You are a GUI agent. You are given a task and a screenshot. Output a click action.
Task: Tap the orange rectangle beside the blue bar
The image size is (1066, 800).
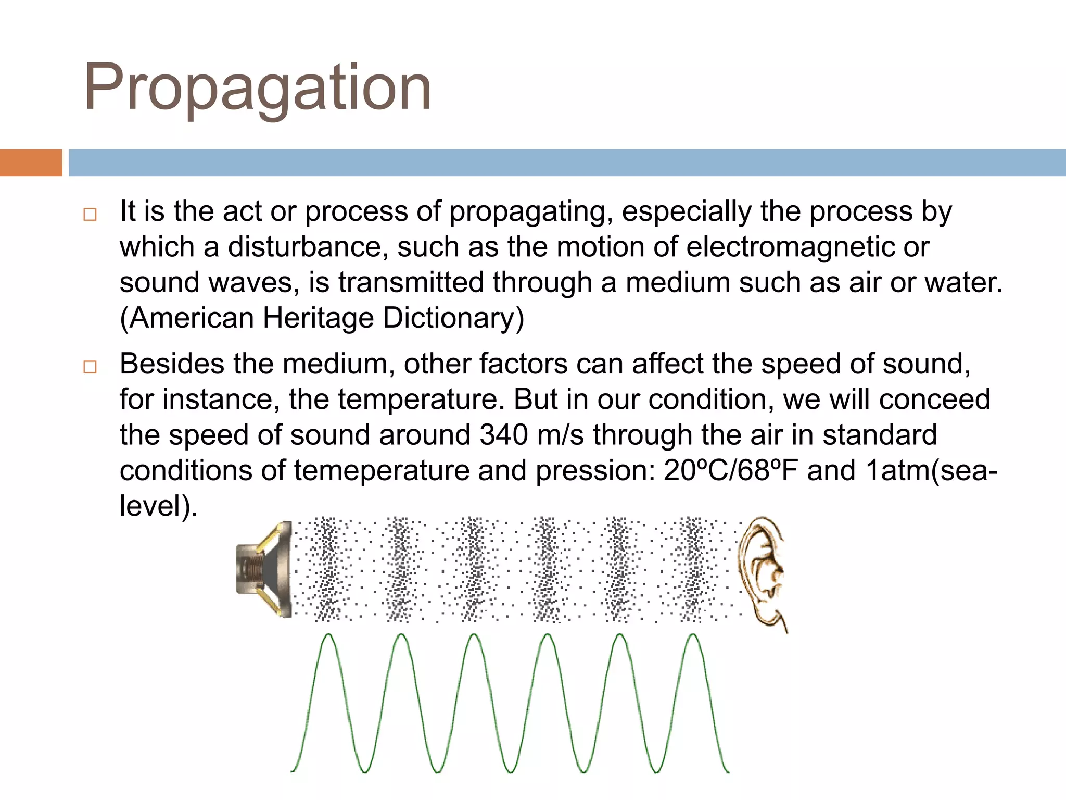[x=31, y=162]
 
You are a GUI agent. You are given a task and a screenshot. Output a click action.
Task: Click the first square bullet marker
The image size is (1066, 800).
[x=90, y=215]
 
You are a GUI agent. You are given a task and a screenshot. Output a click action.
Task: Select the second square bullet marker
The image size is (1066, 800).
[x=90, y=367]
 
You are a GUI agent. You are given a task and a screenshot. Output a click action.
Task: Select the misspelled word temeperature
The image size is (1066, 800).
[x=382, y=470]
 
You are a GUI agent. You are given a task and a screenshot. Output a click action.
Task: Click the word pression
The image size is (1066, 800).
[x=595, y=470]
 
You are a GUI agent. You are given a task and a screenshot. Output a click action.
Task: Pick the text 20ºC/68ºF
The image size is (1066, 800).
[x=731, y=470]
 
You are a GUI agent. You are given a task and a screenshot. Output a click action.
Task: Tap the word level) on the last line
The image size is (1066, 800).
[x=158, y=506]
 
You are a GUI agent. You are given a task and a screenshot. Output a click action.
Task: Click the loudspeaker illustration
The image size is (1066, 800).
[x=264, y=569]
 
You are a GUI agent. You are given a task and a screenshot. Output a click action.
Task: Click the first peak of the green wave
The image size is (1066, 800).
[x=328, y=635]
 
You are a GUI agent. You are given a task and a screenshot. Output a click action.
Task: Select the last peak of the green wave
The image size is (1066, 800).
[x=693, y=635]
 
